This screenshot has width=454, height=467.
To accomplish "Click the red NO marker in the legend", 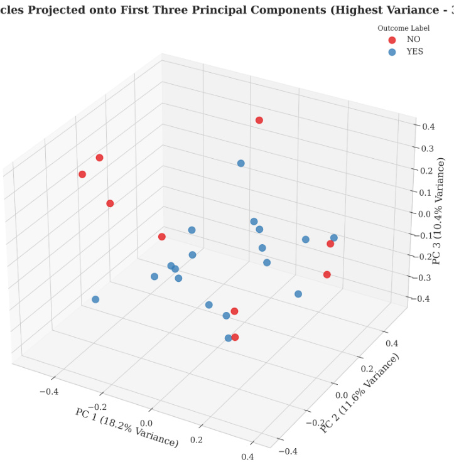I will [x=392, y=40].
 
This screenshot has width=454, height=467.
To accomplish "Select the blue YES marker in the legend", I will [x=392, y=52].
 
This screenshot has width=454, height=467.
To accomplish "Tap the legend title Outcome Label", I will [x=403, y=28].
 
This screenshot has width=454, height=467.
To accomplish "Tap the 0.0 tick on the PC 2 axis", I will [x=342, y=395].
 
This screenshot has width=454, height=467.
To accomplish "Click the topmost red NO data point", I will [x=259, y=120].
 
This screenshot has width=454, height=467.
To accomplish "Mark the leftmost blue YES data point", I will [x=95, y=299].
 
